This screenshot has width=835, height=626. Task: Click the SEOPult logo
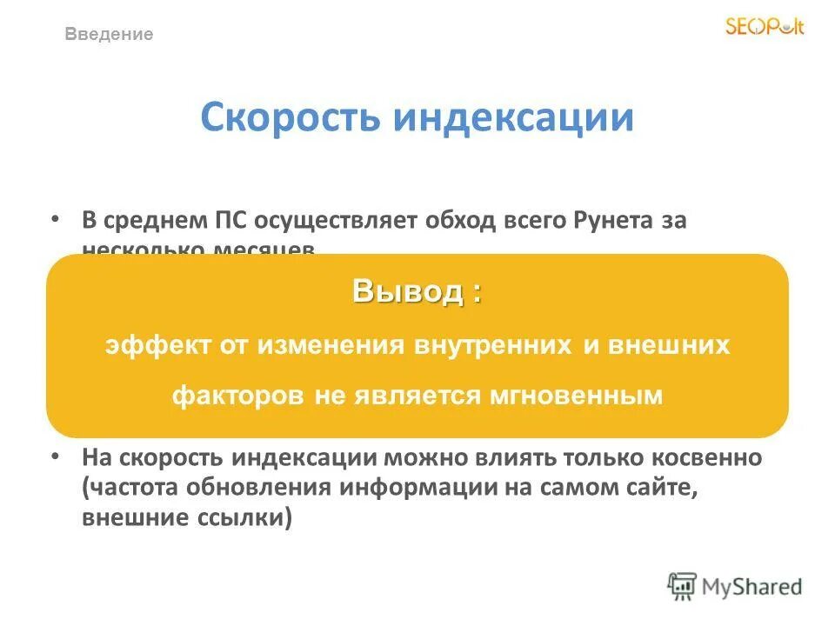[765, 27]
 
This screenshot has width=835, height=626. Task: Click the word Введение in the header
[110, 35]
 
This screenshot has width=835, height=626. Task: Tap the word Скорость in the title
[288, 118]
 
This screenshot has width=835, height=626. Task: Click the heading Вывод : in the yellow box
[417, 292]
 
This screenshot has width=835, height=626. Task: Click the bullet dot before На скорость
[56, 455]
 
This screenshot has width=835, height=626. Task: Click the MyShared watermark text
[751, 586]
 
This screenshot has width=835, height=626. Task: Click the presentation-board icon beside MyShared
[682, 586]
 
